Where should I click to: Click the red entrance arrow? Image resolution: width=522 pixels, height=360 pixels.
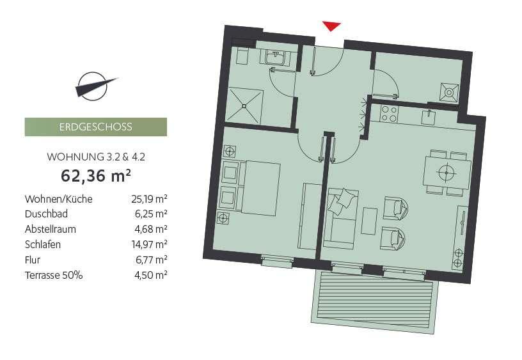(331, 26)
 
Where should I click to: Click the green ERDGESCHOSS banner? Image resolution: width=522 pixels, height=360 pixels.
(96, 127)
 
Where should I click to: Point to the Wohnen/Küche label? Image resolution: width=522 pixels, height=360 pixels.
(58, 200)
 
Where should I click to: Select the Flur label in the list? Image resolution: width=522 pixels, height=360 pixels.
(33, 260)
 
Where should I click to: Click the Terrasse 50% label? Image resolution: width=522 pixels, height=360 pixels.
(54, 275)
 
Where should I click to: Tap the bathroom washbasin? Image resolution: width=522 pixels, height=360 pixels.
(278, 58)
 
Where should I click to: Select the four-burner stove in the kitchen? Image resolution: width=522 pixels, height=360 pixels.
(390, 114)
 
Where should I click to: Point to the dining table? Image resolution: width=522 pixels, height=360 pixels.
(447, 172)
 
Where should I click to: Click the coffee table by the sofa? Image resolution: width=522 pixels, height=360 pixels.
(370, 221)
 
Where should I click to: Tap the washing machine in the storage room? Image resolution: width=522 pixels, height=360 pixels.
(448, 92)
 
